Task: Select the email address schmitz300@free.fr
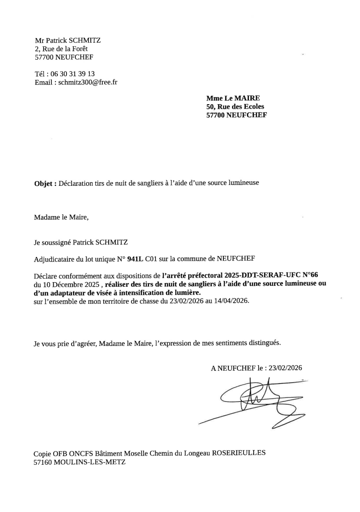tap(88, 83)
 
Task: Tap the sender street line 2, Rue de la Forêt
tap(61, 49)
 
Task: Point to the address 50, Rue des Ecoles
tap(235, 106)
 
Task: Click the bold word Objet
tap(44, 183)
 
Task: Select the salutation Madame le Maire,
tap(61, 217)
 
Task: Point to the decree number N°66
tap(307, 275)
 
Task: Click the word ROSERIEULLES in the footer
tap(238, 453)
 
